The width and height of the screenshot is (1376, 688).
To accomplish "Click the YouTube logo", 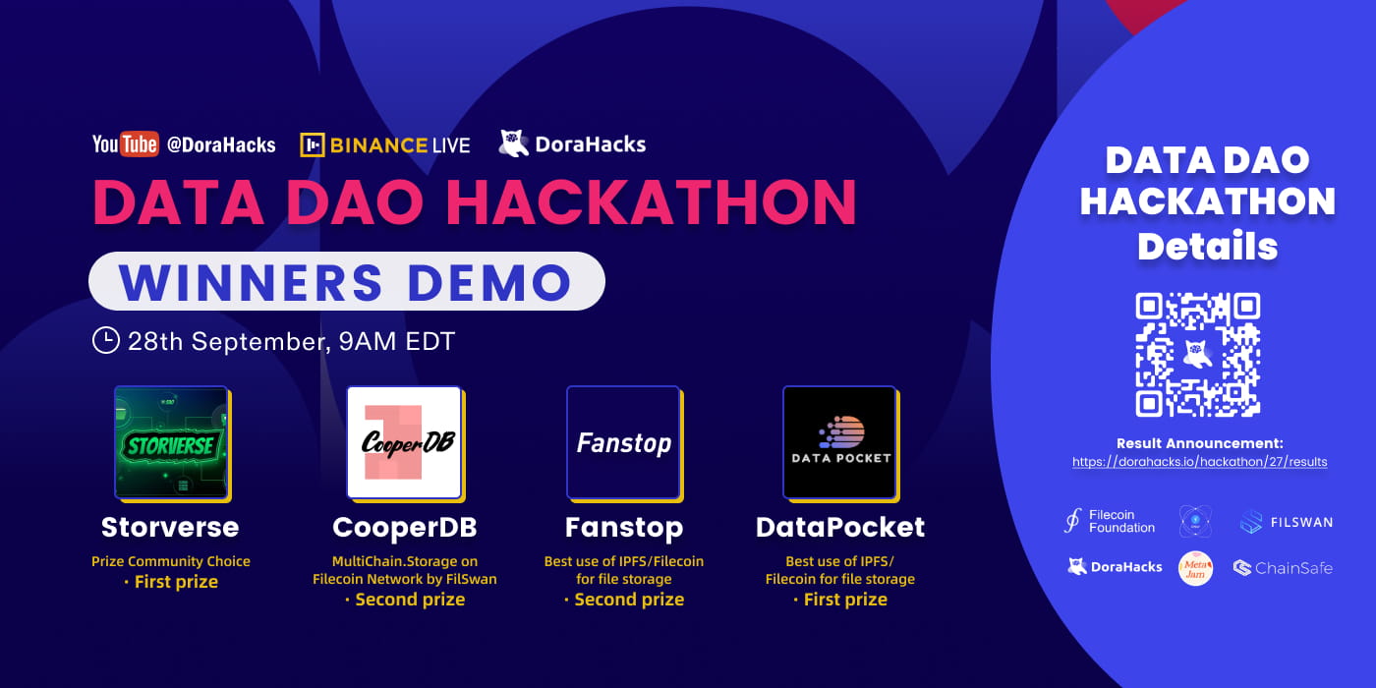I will click(125, 144).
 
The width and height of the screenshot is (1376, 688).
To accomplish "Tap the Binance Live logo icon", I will click(313, 145).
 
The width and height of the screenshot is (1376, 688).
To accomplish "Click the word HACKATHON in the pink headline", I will click(651, 201).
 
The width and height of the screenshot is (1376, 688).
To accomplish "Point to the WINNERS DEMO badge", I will click(346, 282).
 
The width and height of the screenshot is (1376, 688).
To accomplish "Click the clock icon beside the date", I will click(105, 341).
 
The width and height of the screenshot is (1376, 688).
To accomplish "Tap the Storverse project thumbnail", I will click(171, 442).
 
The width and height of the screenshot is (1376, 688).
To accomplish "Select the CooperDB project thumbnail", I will click(404, 442).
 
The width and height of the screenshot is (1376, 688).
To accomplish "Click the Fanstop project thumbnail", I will click(623, 442).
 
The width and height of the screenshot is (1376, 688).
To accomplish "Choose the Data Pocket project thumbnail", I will click(840, 442).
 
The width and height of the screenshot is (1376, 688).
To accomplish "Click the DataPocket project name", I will click(840, 527).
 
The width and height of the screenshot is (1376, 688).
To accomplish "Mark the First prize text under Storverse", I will click(171, 582).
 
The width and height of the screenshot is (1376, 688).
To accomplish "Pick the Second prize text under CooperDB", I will click(404, 600).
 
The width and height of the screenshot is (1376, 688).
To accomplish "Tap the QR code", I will click(1198, 355).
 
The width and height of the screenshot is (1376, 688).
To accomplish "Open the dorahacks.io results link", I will click(1199, 461).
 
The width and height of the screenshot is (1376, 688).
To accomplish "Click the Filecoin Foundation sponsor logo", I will click(1110, 521).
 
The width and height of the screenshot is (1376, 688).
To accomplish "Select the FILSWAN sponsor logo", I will click(1286, 522).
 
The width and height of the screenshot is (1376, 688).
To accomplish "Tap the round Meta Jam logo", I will click(1196, 568).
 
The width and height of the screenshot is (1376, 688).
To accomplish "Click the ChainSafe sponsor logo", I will click(1283, 567).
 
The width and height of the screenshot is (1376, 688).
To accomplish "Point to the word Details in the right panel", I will click(1207, 246).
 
